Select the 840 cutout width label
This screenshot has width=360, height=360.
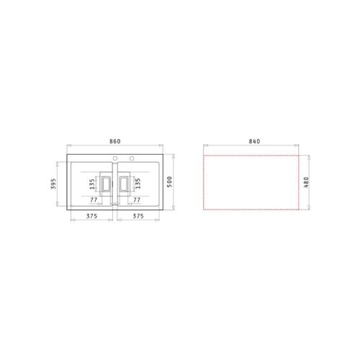(x=253, y=141)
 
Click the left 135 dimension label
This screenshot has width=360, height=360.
(x=92, y=185)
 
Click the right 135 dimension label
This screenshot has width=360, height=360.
(x=136, y=185)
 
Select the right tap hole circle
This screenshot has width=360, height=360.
(x=131, y=158)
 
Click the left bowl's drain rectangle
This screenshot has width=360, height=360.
(x=105, y=185)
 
